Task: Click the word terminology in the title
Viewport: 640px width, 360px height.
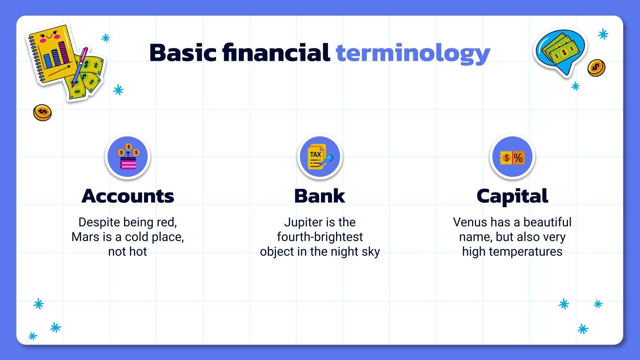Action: (413, 53)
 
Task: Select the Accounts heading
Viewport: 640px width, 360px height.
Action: (128, 196)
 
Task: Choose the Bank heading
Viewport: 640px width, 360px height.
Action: (319, 196)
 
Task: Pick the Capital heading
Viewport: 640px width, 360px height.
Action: (512, 196)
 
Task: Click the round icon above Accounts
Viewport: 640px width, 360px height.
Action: (128, 157)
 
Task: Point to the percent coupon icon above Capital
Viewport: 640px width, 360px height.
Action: (512, 157)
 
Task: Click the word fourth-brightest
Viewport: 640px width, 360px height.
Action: (320, 237)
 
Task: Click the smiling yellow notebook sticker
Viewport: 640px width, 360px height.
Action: (50, 54)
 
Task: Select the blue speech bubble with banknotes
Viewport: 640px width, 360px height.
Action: (560, 50)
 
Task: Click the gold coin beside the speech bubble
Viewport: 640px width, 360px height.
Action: (596, 68)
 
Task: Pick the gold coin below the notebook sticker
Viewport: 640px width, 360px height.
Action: (42, 113)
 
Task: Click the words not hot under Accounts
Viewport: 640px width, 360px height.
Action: (128, 252)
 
